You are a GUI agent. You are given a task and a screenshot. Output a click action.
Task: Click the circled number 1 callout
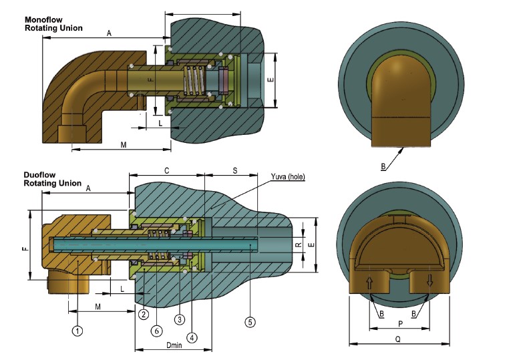77,330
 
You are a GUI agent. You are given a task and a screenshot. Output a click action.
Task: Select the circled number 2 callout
143,314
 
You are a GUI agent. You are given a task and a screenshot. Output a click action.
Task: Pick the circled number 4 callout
192,337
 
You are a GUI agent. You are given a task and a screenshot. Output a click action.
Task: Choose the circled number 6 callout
156,330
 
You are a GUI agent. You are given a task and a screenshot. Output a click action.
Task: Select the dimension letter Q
397,339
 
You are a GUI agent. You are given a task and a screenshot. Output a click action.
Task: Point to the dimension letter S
234,171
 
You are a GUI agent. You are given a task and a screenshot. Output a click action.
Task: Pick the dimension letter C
166,171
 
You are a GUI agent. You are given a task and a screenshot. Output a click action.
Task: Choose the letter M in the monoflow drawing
124,144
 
